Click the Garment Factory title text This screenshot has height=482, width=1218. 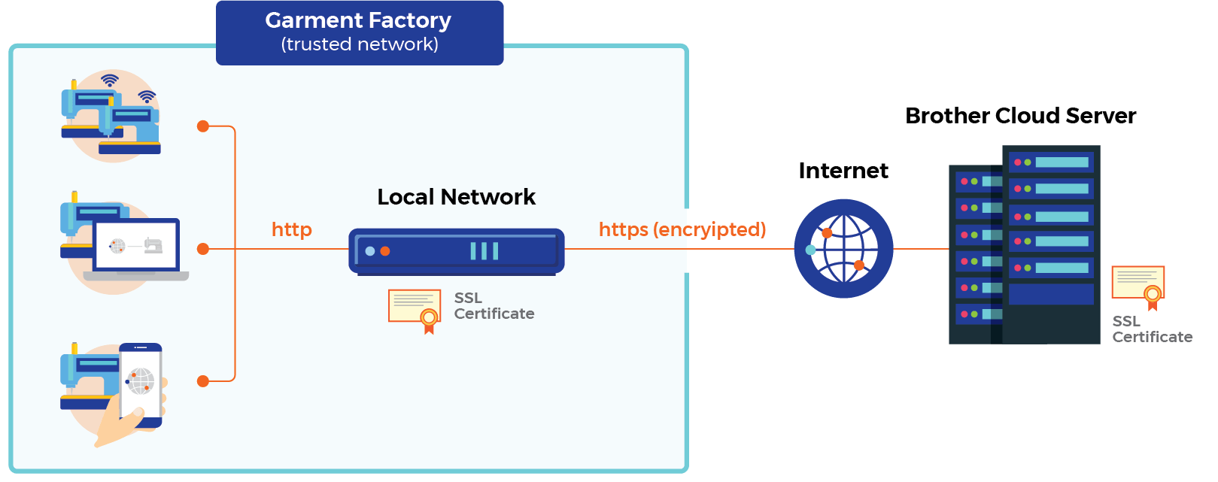(358, 20)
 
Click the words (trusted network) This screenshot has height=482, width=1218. (360, 44)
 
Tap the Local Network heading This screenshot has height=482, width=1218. (456, 197)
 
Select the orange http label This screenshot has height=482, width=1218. (291, 229)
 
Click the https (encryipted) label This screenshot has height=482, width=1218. (682, 229)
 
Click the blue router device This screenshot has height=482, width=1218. (456, 251)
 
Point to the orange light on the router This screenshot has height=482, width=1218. (385, 251)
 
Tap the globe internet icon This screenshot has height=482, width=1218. (843, 249)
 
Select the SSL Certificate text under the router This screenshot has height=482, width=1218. (494, 306)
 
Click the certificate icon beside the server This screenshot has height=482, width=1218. (1138, 286)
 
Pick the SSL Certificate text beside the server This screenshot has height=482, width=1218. (1152, 329)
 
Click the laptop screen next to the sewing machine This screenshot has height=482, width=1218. (136, 245)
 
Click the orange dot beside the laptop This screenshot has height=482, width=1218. (202, 249)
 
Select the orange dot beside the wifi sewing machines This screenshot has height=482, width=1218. (202, 126)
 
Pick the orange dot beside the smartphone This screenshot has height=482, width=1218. (202, 381)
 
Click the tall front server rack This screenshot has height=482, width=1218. (1051, 244)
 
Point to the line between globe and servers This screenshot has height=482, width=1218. (921, 249)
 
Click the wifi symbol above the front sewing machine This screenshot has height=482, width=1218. (147, 96)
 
